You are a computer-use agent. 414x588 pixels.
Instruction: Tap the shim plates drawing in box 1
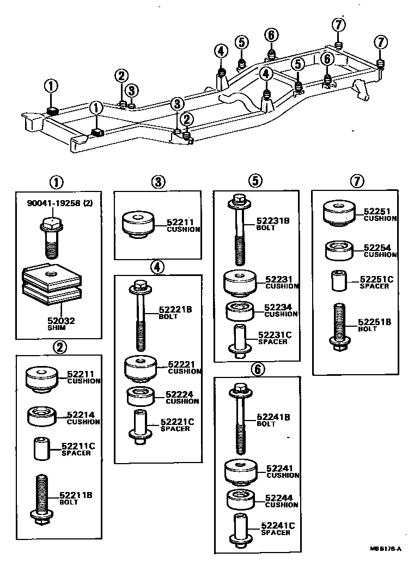point(52,284)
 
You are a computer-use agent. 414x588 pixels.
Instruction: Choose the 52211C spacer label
point(77,446)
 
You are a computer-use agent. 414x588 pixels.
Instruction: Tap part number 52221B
point(174,310)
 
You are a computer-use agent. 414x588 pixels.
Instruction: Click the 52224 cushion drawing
point(141,397)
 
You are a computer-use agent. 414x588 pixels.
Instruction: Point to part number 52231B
point(273,221)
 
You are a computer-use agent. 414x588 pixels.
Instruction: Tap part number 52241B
point(273,417)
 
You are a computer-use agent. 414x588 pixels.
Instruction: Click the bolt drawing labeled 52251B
point(338,326)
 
